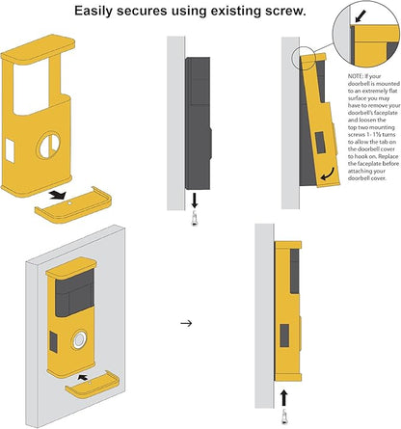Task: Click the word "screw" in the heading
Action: click(x=284, y=11)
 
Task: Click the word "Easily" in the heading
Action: click(x=94, y=12)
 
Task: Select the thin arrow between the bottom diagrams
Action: click(x=186, y=323)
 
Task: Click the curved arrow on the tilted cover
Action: click(x=329, y=174)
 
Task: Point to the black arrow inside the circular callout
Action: click(x=361, y=15)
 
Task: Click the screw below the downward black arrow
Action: click(x=194, y=219)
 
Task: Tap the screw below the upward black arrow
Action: click(x=284, y=416)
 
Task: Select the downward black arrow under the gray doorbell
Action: click(x=195, y=200)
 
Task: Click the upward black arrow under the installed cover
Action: click(x=284, y=398)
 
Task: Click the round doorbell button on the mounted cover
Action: click(x=79, y=339)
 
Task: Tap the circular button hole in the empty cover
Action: click(x=49, y=146)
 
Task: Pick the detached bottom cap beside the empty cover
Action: click(x=73, y=205)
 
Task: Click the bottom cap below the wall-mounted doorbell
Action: click(x=93, y=385)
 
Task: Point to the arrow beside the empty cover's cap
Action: click(x=58, y=194)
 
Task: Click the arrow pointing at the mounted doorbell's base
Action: click(x=83, y=377)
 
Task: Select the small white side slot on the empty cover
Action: click(x=10, y=150)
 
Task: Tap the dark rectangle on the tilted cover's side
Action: click(x=320, y=143)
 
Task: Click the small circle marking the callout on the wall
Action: click(x=304, y=59)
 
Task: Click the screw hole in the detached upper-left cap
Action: click(x=69, y=203)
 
